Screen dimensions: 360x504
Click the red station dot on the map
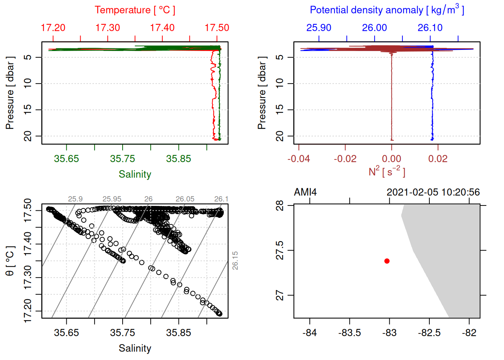click(x=387, y=261)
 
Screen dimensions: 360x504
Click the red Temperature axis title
click(x=135, y=10)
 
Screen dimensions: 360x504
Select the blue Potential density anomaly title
click(x=387, y=10)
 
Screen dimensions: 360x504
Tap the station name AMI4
click(x=305, y=192)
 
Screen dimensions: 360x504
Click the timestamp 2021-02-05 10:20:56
click(x=433, y=192)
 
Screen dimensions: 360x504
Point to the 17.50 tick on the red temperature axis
click(x=217, y=28)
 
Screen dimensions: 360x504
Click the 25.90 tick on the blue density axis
click(x=319, y=28)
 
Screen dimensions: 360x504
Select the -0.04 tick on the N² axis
click(x=299, y=159)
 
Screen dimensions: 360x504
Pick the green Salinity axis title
click(x=135, y=174)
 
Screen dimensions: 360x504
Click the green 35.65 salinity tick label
click(x=66, y=159)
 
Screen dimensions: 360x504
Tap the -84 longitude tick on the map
click(x=310, y=333)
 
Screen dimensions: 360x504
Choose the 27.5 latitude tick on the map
click(x=280, y=250)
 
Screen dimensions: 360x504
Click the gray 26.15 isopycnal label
click(x=235, y=261)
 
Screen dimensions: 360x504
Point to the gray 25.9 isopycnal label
click(x=75, y=199)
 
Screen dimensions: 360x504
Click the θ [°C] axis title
click(x=10, y=261)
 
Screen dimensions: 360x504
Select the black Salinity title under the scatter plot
click(x=135, y=348)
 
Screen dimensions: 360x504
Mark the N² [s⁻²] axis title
click(x=387, y=171)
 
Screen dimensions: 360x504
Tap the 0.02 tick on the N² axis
click(x=438, y=159)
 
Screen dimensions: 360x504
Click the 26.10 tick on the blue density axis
click(x=430, y=28)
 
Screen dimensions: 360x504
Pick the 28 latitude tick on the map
click(x=280, y=205)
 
